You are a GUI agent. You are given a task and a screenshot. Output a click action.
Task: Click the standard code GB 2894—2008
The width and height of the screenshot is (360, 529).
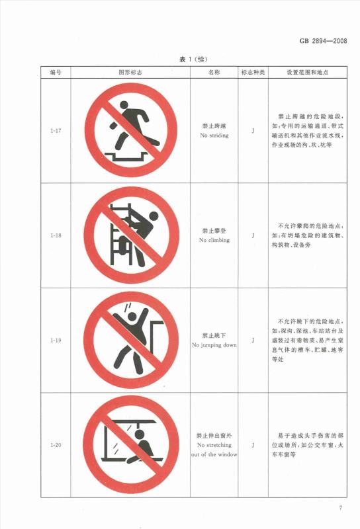[323, 41]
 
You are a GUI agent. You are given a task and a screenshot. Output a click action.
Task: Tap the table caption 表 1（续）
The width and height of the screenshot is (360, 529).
[193, 60]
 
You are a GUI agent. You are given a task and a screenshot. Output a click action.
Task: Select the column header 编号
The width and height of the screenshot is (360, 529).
[56, 72]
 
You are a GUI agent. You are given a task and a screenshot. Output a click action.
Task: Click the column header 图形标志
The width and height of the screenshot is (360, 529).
[130, 72]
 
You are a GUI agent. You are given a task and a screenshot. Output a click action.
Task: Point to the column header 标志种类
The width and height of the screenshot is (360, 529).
[253, 72]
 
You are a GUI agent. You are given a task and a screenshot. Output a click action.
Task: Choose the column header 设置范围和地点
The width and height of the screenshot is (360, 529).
[308, 72]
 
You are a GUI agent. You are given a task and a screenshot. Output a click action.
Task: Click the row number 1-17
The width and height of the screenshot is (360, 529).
[56, 130]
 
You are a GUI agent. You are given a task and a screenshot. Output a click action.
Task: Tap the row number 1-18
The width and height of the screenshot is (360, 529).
[56, 235]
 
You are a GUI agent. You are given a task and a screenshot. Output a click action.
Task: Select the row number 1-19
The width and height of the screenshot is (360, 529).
[56, 341]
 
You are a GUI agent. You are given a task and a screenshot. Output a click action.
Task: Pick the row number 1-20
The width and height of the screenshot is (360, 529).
[56, 445]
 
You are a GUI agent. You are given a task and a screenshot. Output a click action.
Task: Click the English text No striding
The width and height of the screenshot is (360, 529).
[214, 136]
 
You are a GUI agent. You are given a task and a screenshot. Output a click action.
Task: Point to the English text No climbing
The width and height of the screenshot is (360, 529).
[214, 240]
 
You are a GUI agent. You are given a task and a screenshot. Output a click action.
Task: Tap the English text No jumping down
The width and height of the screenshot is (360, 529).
[214, 345]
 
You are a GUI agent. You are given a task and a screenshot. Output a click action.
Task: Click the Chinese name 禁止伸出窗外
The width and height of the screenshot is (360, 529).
[214, 436]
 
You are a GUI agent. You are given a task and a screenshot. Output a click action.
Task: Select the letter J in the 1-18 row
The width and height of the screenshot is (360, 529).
[253, 235]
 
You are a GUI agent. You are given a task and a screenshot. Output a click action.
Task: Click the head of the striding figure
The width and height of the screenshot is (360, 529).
[124, 105]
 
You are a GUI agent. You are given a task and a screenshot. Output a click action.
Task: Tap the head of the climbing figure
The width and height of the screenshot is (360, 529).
[154, 216]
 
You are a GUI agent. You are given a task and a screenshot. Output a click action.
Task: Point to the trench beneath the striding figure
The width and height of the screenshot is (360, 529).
[126, 156]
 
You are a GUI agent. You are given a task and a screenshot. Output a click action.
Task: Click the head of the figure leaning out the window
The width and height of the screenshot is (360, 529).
[138, 434]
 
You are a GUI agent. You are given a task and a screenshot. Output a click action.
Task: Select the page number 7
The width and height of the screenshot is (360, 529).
[340, 508]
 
